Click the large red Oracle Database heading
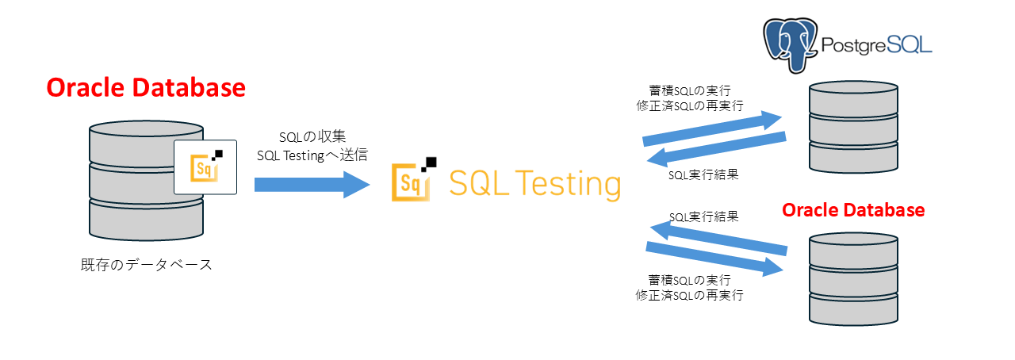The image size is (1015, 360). (x=145, y=87)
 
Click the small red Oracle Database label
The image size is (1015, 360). (x=852, y=210)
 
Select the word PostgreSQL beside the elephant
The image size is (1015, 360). (x=876, y=46)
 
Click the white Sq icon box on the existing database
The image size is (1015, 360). (x=205, y=166)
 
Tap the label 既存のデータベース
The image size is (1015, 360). (x=146, y=265)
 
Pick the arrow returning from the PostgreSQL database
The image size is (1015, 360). (x=717, y=148)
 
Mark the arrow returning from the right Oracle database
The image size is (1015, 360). (x=718, y=239)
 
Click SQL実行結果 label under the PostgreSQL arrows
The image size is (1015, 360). (x=703, y=175)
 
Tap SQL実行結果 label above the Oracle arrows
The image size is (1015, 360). (x=703, y=216)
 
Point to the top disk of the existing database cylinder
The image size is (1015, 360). (x=146, y=139)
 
